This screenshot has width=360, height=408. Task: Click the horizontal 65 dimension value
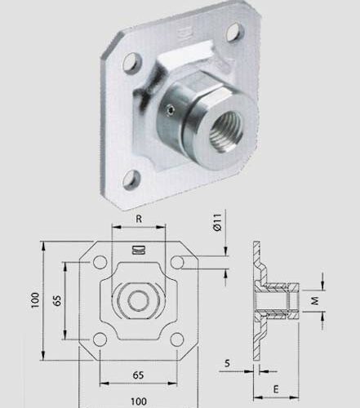click(x=138, y=375)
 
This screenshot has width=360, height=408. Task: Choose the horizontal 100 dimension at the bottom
click(x=138, y=399)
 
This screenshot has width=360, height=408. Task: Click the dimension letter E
click(x=277, y=388)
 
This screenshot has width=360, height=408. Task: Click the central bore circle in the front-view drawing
click(x=138, y=301)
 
